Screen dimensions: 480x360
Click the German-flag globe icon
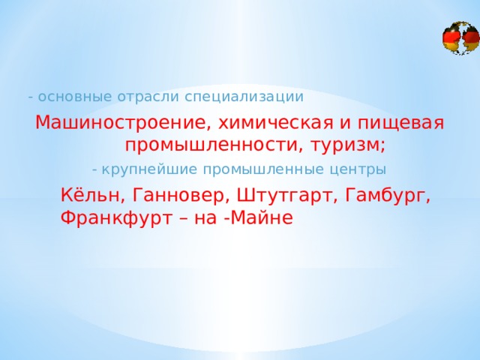[x=461, y=38]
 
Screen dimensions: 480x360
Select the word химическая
[x=276, y=123]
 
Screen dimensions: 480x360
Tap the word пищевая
[x=400, y=124]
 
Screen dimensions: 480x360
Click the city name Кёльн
[x=89, y=195]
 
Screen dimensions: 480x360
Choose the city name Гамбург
[x=385, y=195]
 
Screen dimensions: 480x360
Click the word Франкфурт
[x=115, y=217]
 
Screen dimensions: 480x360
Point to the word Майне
[x=261, y=217]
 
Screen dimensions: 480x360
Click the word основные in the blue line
[x=75, y=97]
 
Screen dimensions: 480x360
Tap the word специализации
[x=244, y=97]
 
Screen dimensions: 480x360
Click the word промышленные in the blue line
[x=263, y=170]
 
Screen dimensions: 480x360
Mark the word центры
[x=358, y=170]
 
